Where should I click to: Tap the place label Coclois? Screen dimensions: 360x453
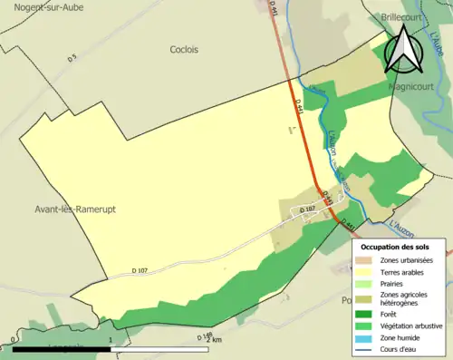[184, 50]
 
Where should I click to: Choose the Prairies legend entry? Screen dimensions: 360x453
[390, 283]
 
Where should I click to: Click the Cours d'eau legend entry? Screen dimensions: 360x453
[400, 348]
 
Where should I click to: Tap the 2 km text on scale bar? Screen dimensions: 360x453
[213, 340]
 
